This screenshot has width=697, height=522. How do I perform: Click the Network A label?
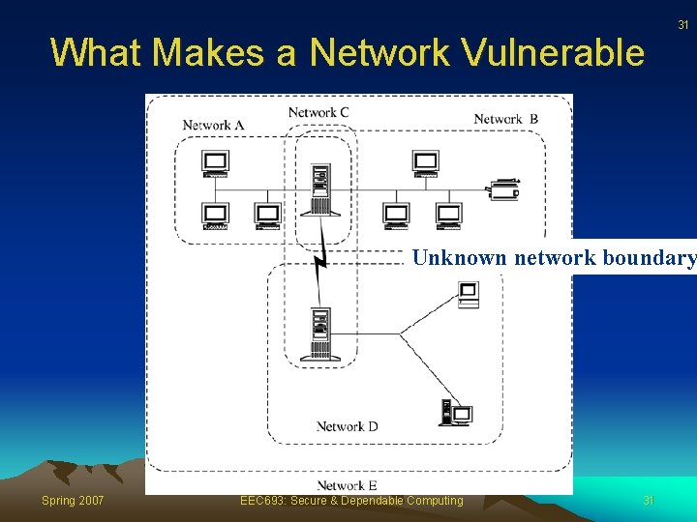pos(213,125)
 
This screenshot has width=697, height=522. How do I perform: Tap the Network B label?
pos(505,119)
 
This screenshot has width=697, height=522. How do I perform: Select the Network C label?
pos(318,112)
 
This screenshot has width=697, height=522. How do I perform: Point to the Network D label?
pos(347,426)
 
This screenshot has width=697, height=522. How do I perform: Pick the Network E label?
pos(347,485)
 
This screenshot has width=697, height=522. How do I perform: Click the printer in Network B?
pos(504,188)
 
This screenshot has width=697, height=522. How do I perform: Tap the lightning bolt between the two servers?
pos(320,253)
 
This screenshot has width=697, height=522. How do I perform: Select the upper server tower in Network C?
pos(318,188)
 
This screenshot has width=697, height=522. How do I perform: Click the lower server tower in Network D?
pos(318,333)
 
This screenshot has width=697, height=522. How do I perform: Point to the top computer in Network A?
pos(216,164)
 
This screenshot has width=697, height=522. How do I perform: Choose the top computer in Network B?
pos(425,164)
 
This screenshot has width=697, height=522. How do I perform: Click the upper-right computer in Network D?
pos(468,294)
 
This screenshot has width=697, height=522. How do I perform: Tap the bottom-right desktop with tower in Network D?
pos(456,414)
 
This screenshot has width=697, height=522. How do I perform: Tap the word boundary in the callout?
pos(650,258)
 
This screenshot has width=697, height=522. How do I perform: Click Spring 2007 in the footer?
pos(73,500)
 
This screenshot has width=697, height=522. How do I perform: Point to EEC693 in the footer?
pos(260,500)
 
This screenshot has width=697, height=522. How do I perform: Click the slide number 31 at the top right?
pos(682,24)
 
